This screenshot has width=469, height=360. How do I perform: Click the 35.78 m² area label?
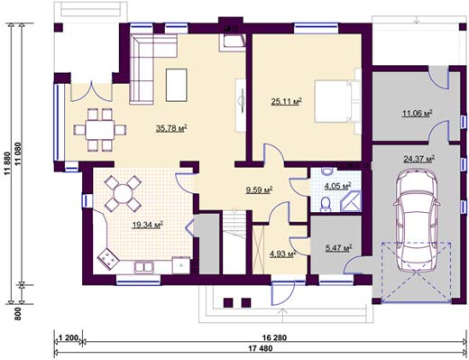click(x=171, y=129)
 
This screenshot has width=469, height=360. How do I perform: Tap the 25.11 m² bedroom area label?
click(x=287, y=102)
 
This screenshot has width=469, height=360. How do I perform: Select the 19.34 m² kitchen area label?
click(x=148, y=225)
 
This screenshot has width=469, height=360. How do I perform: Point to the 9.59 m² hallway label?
click(x=260, y=189)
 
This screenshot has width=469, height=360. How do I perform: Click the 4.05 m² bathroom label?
click(x=338, y=187)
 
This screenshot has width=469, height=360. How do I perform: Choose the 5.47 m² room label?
click(x=339, y=248)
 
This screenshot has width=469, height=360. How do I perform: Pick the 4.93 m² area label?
click(x=283, y=254)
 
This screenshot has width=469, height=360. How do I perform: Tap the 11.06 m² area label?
click(x=418, y=114)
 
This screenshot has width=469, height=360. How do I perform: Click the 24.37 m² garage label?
click(x=419, y=159)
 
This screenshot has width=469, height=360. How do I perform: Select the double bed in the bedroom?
click(x=334, y=101)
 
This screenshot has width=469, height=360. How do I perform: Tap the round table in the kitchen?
click(x=123, y=194)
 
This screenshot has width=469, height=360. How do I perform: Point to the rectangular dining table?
click(x=100, y=130)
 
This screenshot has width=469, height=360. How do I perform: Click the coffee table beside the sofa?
click(x=176, y=85)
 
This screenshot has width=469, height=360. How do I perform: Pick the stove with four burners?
click(x=107, y=257)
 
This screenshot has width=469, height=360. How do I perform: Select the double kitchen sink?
click(x=144, y=266)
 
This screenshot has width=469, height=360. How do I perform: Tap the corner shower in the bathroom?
click(x=351, y=201)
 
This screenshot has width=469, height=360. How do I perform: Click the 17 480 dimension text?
click(x=261, y=349)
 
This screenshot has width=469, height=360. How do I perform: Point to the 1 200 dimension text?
click(x=69, y=337)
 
